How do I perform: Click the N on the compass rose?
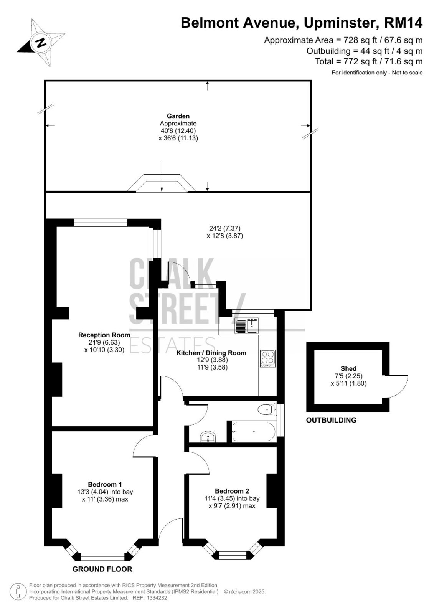pyautogui.click(x=41, y=42)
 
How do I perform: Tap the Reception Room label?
pyautogui.click(x=104, y=335)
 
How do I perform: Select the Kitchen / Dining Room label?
pyautogui.click(x=211, y=353)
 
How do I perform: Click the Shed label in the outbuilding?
pyautogui.click(x=348, y=369)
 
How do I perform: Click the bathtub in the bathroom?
pyautogui.click(x=253, y=432)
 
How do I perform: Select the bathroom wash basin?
pyautogui.click(x=208, y=437)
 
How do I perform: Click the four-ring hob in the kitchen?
pyautogui.click(x=267, y=358)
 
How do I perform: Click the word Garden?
pyautogui.click(x=178, y=116)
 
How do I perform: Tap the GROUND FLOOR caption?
pyautogui.click(x=102, y=569)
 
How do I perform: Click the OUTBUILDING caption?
pyautogui.click(x=331, y=420)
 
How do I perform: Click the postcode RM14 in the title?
pyautogui.click(x=403, y=23)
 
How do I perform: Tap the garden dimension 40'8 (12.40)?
pyautogui.click(x=178, y=131)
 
